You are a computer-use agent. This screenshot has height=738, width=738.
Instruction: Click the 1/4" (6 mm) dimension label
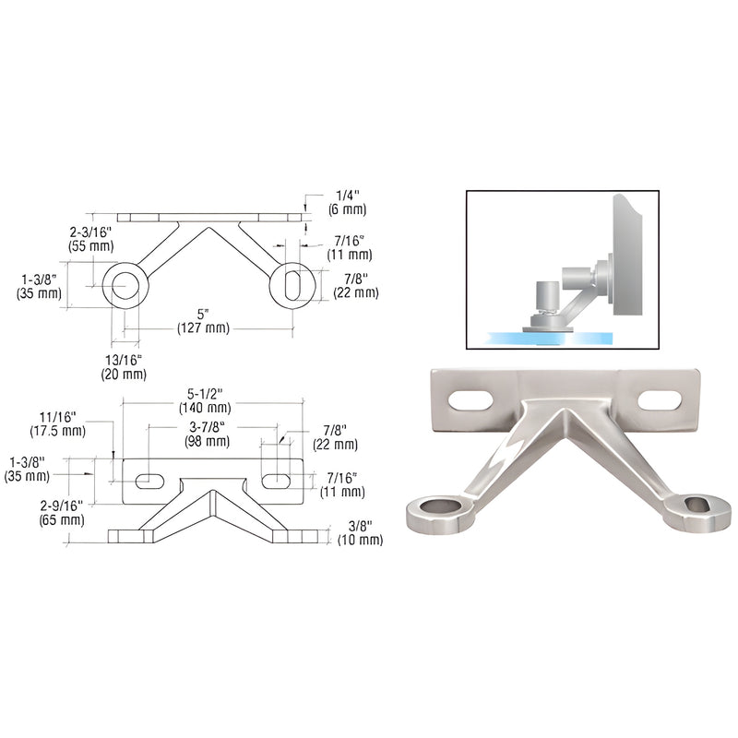pos(327,203)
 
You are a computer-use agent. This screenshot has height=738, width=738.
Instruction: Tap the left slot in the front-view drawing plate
pos(147,481)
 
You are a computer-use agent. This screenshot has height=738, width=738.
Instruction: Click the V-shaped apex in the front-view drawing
pos(211,492)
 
